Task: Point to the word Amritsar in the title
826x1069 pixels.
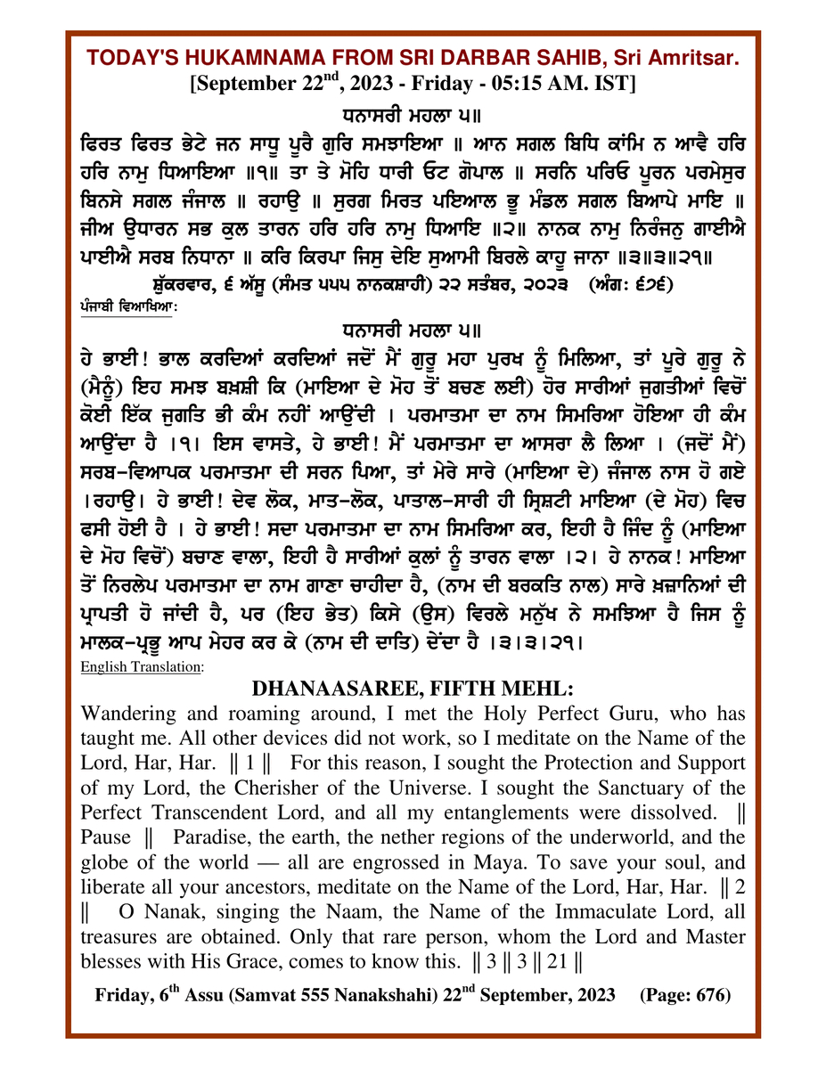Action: (696, 59)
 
